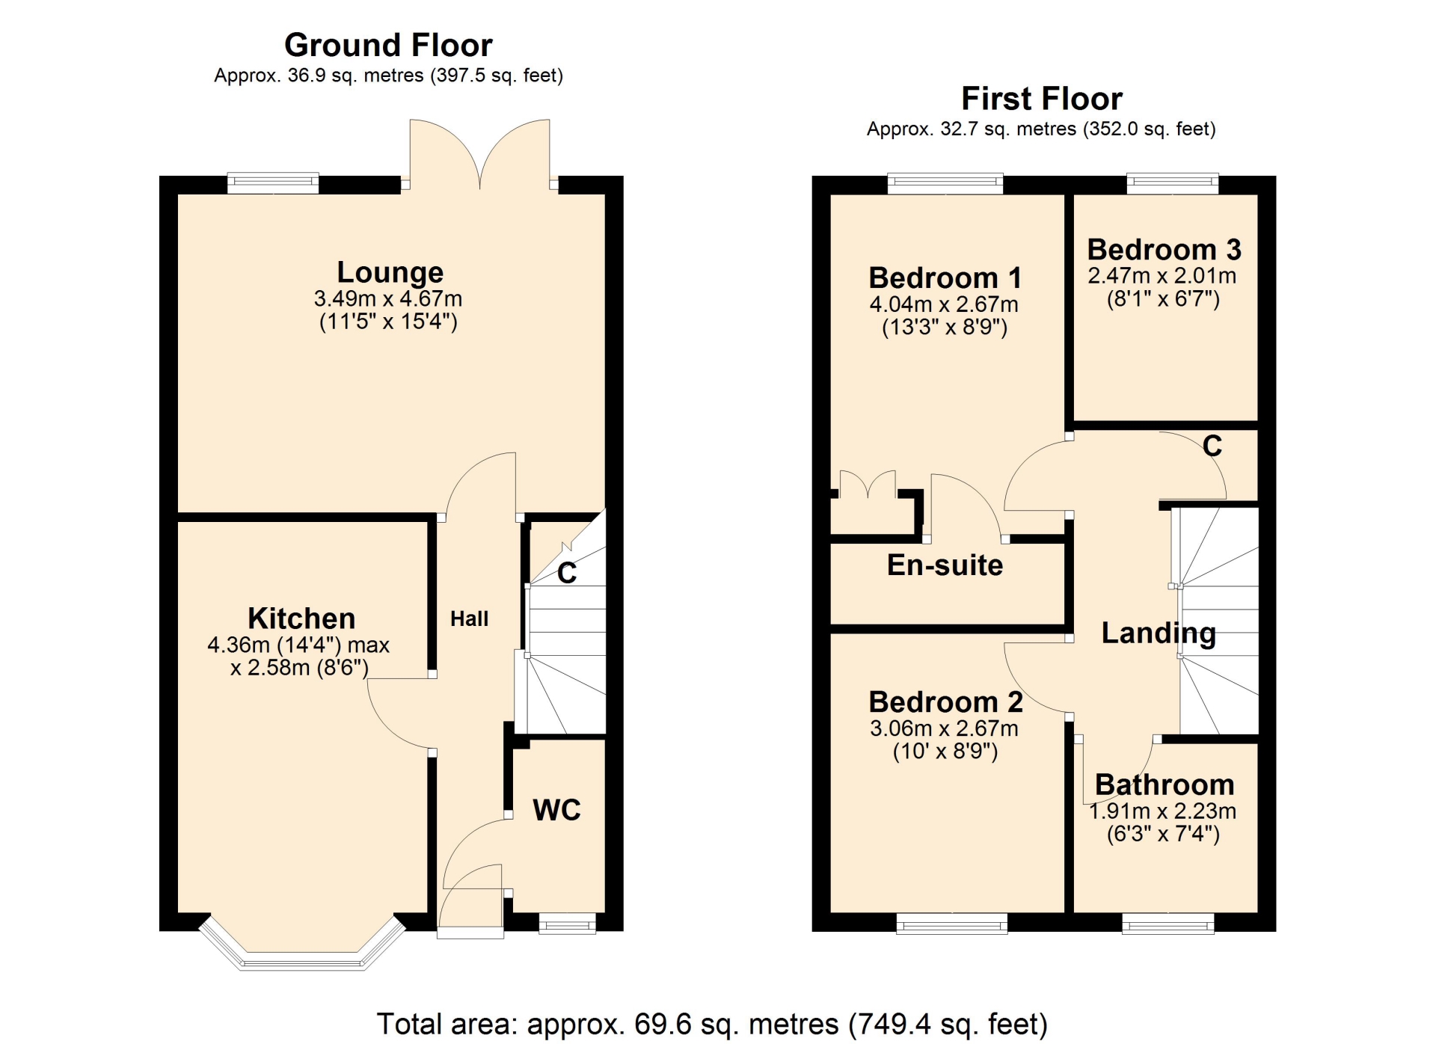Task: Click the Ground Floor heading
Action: [388, 46]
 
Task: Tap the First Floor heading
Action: [1041, 99]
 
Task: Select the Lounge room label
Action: [390, 272]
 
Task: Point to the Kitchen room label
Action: [301, 618]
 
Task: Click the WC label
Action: [556, 810]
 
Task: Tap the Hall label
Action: [469, 618]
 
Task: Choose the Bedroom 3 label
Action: [1164, 249]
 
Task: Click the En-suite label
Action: [945, 565]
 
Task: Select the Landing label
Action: [1159, 633]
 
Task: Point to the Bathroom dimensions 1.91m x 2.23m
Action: [1162, 811]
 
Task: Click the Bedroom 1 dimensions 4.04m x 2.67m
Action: [944, 304]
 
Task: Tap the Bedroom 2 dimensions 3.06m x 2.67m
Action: [944, 728]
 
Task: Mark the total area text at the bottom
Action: [712, 1024]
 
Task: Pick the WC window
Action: [568, 924]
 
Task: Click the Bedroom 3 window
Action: [1173, 183]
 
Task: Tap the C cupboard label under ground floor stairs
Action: [567, 573]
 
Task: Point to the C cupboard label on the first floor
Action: [1212, 446]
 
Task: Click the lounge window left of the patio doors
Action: [273, 183]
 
